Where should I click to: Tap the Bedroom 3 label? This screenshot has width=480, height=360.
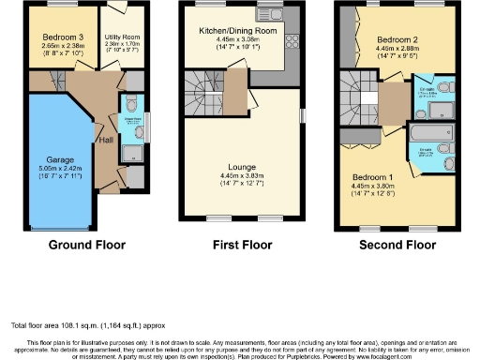pos(63,36)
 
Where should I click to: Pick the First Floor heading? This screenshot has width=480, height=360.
pos(242,245)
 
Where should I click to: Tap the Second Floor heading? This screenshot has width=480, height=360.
pos(397,245)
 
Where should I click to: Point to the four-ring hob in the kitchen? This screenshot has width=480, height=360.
pos(289,42)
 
